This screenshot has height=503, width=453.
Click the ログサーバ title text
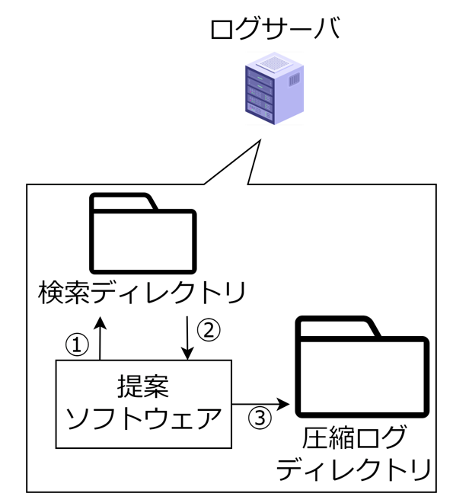click(275, 29)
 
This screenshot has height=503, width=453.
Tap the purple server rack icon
click(275, 88)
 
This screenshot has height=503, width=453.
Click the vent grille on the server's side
click(295, 79)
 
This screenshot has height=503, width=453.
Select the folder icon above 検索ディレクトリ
click(143, 233)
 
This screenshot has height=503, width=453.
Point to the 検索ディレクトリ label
click(142, 293)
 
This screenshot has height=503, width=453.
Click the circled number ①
click(77, 344)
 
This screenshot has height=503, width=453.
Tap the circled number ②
click(209, 331)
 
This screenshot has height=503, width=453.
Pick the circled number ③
click(260, 418)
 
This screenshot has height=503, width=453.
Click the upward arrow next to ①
click(100, 338)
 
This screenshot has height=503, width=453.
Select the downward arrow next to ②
click(188, 338)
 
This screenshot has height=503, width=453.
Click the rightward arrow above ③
click(261, 404)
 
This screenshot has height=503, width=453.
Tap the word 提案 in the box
click(143, 386)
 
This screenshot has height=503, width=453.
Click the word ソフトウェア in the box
click(144, 418)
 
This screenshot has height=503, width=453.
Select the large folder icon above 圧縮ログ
click(362, 367)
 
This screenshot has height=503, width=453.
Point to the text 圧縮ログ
click(354, 437)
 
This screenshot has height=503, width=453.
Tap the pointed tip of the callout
click(261, 140)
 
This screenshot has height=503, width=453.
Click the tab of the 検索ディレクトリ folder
click(123, 201)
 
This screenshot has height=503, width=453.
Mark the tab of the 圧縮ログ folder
click(338, 326)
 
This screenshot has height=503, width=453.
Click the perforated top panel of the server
click(274, 62)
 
